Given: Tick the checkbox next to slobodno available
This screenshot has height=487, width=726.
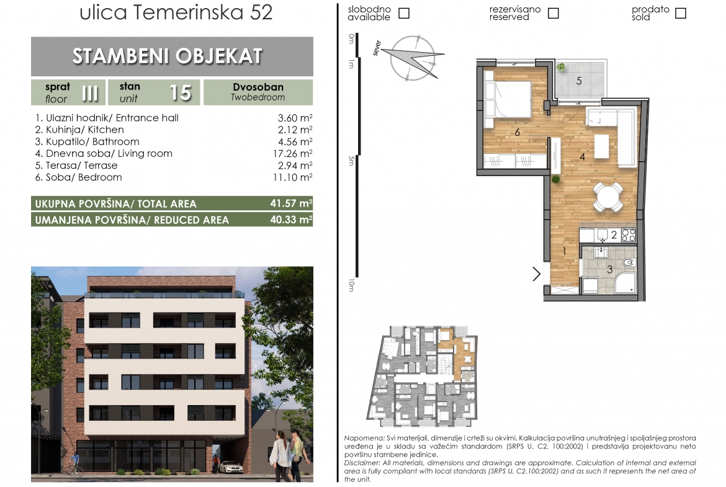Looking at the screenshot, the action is coord(404,13).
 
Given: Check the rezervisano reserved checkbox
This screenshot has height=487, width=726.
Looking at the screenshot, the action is coord(553,13).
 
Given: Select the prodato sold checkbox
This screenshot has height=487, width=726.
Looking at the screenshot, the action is coord(680,13).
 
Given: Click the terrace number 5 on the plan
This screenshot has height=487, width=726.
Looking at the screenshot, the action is coord(579,81).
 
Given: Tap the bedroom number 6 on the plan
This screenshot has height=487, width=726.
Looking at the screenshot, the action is coord(517,132).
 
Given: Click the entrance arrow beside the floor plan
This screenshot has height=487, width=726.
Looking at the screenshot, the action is coord(537,274).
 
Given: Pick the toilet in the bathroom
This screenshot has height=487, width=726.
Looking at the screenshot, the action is coord(629,262).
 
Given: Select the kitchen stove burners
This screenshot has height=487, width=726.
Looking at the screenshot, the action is coord(628,235).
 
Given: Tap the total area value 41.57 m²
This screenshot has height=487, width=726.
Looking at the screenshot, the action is coord(291,203).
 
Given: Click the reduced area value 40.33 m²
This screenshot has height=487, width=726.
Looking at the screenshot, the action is coord(291,220).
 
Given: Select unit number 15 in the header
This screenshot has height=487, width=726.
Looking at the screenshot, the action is coord(180,93).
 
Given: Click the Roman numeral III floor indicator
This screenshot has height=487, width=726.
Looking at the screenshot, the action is coord(90,93).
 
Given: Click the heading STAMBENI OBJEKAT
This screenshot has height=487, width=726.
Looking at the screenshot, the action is coord(167,56).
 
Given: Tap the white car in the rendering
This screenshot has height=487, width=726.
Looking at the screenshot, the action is coord(230,467).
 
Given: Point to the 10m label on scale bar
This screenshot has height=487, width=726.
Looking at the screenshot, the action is coord(351,285).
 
